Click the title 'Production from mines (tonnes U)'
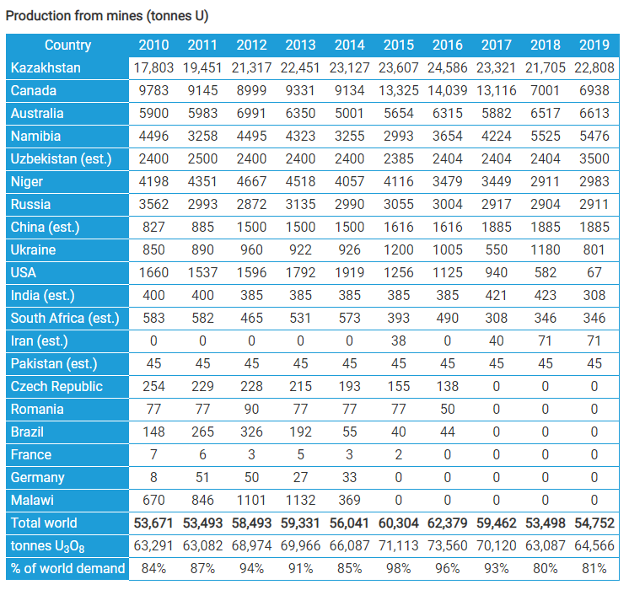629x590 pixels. pos(107,16)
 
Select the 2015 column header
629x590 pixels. pos(398,45)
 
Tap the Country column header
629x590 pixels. pos(67,45)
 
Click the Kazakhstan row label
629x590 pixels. pos(46,67)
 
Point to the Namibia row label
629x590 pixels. pos(35,136)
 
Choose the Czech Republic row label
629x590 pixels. pos(56,386)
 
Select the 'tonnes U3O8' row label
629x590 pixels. pos(48,546)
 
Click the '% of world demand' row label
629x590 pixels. pos(67,568)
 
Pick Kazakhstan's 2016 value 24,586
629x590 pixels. pos(447,67)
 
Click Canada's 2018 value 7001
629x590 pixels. pos(546,91)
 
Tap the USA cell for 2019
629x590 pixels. pos(594,273)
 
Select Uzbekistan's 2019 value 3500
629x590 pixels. pos(594,158)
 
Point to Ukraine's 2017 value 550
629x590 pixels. pos(497,249)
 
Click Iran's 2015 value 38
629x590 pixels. pos(398,341)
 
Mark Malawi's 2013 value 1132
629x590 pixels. pos(300,500)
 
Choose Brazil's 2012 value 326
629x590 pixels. pos(251,432)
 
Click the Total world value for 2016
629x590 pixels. pos(447,523)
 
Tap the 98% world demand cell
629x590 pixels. pos(398,568)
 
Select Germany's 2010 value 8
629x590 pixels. pos(153,477)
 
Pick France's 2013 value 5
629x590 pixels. pos(300,455)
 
